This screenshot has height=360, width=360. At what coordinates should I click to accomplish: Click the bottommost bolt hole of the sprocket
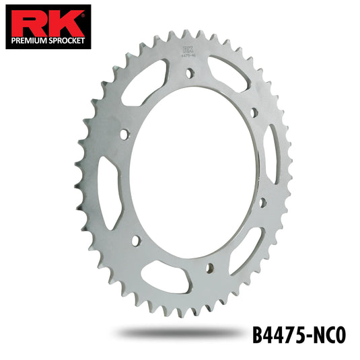tap(209, 268)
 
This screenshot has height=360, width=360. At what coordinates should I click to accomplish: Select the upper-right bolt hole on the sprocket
tap(253, 112)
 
